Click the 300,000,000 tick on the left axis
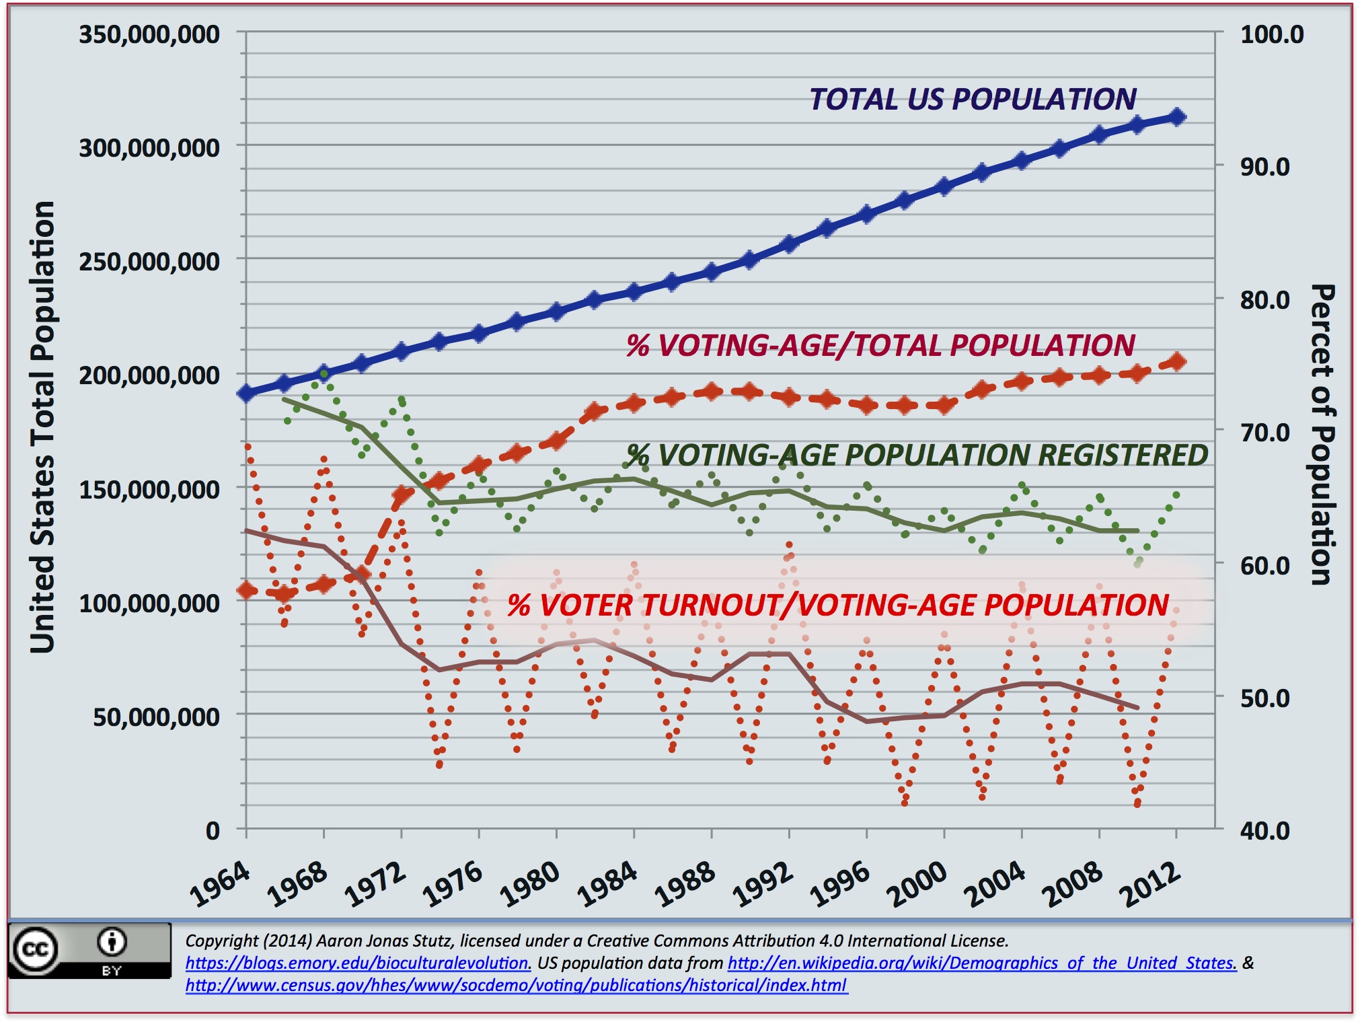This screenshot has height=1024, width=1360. tap(149, 147)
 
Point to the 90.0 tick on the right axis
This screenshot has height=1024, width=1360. tap(1264, 167)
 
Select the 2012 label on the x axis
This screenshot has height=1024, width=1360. tap(1149, 883)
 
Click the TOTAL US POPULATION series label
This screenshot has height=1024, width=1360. tap(973, 100)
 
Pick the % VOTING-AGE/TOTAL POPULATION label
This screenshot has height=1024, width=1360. tap(880, 346)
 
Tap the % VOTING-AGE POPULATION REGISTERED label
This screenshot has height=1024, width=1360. tap(917, 455)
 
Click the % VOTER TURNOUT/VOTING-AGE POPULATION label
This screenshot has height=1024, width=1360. tap(838, 605)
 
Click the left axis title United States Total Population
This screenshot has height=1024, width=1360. tap(42, 427)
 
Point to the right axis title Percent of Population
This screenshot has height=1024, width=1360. tap(1322, 435)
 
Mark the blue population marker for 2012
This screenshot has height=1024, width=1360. tap(1177, 117)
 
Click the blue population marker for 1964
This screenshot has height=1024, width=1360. tap(246, 394)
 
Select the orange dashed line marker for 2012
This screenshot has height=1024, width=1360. tap(1177, 362)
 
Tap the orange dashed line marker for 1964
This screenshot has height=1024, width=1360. tap(247, 591)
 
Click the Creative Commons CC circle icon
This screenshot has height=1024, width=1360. tap(36, 949)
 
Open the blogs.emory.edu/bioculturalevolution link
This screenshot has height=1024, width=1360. tap(358, 963)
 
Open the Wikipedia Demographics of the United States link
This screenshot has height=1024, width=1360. tap(981, 963)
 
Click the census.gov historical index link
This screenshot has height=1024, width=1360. tap(516, 986)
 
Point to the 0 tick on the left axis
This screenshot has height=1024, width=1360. tap(213, 831)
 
